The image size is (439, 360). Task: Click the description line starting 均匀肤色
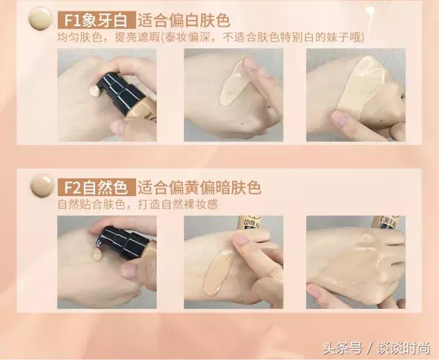[210, 38]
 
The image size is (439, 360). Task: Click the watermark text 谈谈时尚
[406, 348]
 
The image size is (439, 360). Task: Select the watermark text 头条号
[349, 348]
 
